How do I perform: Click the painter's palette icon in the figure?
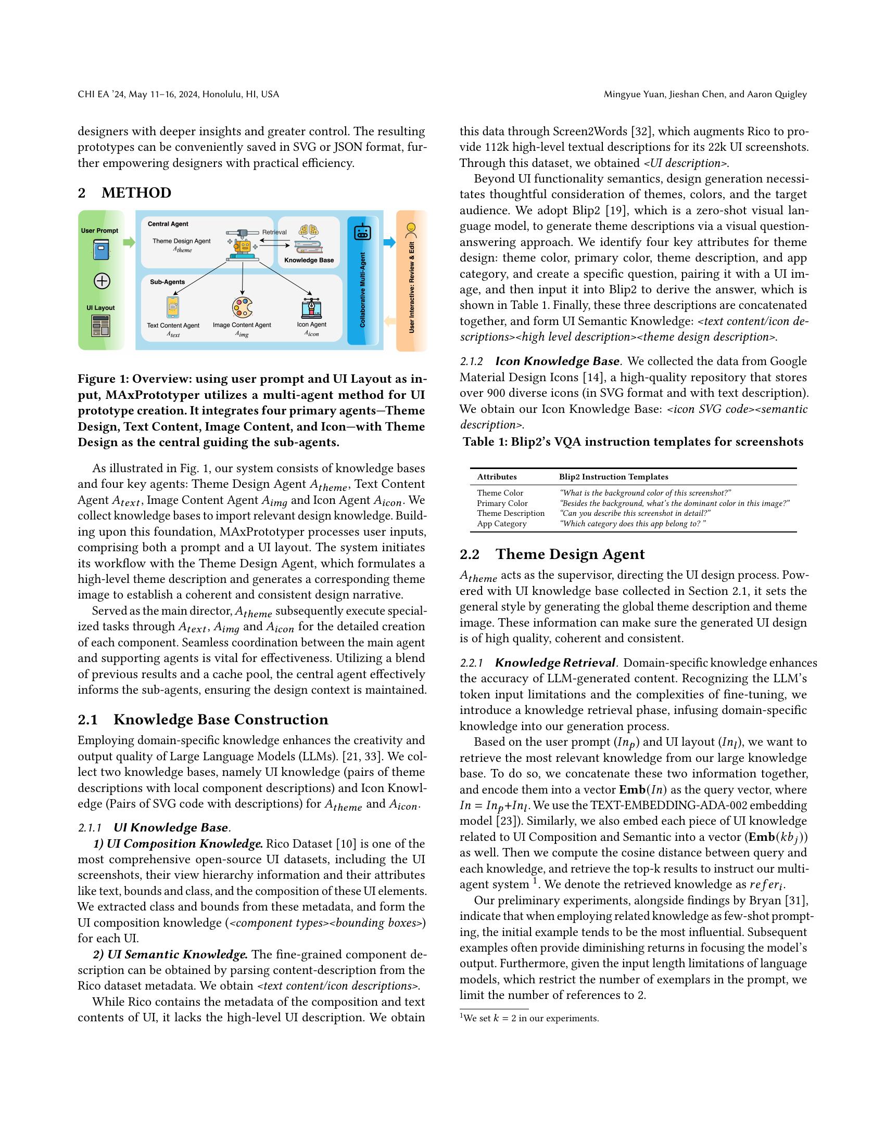[242, 308]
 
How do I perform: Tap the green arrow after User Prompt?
[129, 242]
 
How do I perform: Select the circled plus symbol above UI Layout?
[102, 281]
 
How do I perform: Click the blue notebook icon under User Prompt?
[101, 250]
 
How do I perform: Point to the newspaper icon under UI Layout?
[100, 326]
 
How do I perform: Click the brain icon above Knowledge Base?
[309, 230]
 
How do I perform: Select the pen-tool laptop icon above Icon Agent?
[311, 308]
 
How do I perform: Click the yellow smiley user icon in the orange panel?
[412, 228]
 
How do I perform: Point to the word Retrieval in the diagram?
[274, 232]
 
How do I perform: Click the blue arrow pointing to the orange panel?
[389, 242]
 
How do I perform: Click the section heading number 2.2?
[469, 554]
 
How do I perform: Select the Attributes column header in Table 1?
[497, 477]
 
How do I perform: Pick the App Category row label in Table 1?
[501, 523]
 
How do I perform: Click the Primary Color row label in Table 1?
[502, 503]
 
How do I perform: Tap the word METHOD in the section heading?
[136, 193]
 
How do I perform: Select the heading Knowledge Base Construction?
[221, 719]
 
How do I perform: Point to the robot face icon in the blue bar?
[362, 231]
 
